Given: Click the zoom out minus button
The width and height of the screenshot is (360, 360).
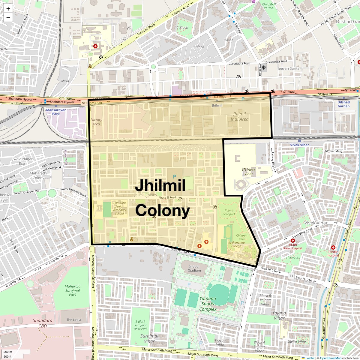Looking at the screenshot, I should [x=8, y=18].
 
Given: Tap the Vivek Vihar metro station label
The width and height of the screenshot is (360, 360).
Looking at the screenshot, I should [x=299, y=145].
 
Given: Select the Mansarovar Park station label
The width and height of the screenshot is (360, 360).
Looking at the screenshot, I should [x=56, y=112].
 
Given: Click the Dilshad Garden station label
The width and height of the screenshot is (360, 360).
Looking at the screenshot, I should [x=343, y=104].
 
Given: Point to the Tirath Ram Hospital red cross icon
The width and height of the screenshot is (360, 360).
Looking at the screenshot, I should [x=292, y=241].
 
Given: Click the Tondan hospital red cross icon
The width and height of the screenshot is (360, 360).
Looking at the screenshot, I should [x=333, y=247].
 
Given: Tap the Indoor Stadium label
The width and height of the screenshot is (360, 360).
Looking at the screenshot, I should [x=194, y=268].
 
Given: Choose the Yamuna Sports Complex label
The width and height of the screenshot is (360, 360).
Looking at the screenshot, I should [x=208, y=304].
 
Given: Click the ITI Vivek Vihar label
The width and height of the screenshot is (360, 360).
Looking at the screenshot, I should [x=249, y=172].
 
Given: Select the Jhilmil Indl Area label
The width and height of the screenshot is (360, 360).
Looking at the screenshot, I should [x=239, y=116].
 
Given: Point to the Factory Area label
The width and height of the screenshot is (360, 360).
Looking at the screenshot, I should [x=96, y=122].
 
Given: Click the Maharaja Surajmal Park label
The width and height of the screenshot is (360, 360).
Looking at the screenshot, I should [x=73, y=290].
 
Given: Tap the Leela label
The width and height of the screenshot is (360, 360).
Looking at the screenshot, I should [x=74, y=320].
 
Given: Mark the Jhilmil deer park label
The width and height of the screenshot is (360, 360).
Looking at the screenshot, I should [x=229, y=212].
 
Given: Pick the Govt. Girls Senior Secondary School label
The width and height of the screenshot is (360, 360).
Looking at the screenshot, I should [x=119, y=208].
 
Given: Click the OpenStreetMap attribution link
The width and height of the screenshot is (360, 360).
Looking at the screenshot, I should [x=330, y=358].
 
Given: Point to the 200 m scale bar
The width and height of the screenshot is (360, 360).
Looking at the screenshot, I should [x=9, y=352].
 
